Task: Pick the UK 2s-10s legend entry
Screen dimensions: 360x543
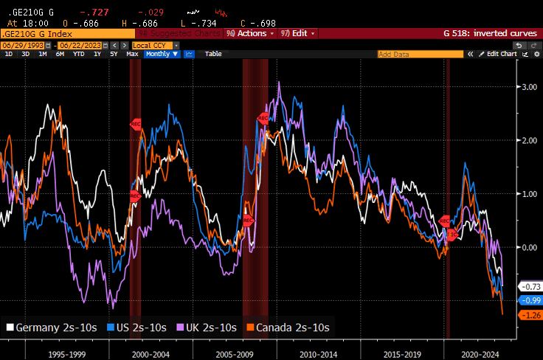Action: pyautogui.click(x=205, y=328)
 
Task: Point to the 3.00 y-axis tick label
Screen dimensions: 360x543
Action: pyautogui.click(x=529, y=87)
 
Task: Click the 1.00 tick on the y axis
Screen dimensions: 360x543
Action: pyautogui.click(x=529, y=194)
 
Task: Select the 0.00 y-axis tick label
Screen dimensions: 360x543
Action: pyautogui.click(x=529, y=247)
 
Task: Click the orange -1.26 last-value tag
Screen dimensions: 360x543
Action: pyautogui.click(x=530, y=315)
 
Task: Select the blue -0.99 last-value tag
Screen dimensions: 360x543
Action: pyautogui.click(x=530, y=300)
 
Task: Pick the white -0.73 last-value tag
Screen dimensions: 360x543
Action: pyautogui.click(x=530, y=286)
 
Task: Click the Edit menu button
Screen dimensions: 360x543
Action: pyautogui.click(x=300, y=33)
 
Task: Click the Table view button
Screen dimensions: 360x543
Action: pyautogui.click(x=212, y=54)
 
